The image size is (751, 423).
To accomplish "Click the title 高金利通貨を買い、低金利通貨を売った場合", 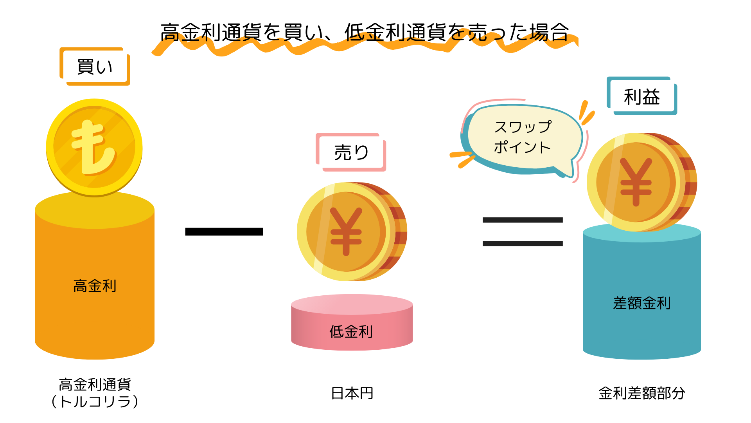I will (x=365, y=32).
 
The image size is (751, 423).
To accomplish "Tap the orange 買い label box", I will (x=95, y=67).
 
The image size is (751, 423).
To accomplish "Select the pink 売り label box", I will (x=351, y=152).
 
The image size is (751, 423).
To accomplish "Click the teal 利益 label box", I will (x=641, y=96).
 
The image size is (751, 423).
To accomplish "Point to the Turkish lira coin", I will (x=94, y=147).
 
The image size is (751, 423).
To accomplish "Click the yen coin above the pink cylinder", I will (x=351, y=231).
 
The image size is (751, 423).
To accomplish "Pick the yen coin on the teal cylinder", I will (x=641, y=182).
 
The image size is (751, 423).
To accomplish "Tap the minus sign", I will (x=224, y=231).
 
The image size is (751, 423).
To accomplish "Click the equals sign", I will (x=523, y=231).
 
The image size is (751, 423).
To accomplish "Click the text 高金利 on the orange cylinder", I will (x=95, y=286).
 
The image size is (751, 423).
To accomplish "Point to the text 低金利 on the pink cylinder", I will (x=351, y=332).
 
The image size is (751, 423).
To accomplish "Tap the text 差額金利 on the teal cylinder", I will (x=641, y=303).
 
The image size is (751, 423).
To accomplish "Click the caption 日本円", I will (x=352, y=393).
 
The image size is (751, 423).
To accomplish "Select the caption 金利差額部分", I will (x=641, y=393).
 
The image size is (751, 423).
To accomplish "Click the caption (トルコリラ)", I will (x=95, y=402).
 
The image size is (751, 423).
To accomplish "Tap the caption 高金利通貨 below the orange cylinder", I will (x=95, y=385).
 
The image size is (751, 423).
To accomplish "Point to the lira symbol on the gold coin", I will (x=92, y=147).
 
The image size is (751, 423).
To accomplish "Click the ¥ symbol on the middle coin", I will (x=346, y=231).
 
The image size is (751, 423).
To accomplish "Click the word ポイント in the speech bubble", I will (x=523, y=148).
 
